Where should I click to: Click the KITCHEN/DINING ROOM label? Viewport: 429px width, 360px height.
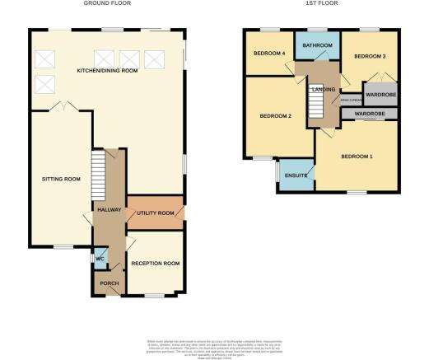106,71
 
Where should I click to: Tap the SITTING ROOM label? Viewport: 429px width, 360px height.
61,179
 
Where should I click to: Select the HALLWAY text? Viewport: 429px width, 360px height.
109,210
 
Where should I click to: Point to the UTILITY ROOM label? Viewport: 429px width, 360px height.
155,213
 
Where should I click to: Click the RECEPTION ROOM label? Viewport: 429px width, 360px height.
155,264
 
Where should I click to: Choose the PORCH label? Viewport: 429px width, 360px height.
109,283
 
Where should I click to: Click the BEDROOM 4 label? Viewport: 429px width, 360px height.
270,54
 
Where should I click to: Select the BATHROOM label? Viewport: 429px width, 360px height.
317,45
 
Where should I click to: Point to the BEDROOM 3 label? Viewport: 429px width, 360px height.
369,56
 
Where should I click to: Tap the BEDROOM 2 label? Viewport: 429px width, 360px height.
276,115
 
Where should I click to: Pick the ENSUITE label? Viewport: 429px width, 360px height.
296,175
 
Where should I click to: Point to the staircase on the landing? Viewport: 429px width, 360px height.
317,105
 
